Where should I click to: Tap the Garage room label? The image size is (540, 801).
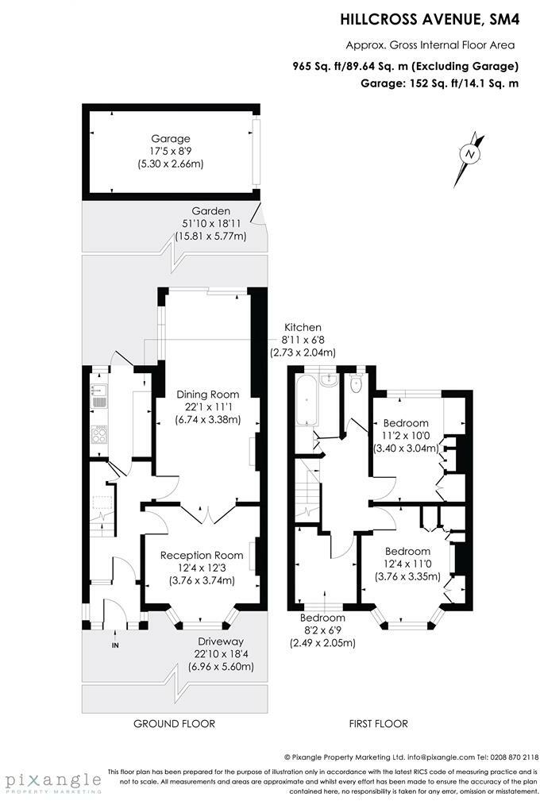tap(171, 138)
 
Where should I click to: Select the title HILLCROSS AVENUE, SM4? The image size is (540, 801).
tap(430, 19)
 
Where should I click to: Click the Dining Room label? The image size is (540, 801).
tap(208, 395)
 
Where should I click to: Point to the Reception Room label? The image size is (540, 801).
tap(202, 555)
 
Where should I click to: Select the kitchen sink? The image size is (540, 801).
tap(99, 396)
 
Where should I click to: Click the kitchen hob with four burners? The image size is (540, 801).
tap(99, 435)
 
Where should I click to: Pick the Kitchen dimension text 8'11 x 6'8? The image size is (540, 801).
tap(303, 339)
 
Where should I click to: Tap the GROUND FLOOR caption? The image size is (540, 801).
tap(174, 723)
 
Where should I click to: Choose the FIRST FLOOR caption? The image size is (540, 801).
tap(379, 723)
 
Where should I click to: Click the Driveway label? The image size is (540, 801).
tap(221, 641)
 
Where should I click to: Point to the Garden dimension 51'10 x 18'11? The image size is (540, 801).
tap(211, 223)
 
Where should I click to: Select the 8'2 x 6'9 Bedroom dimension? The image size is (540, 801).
tap(322, 630)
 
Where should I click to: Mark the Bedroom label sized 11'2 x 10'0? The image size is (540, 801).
tap(406, 423)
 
